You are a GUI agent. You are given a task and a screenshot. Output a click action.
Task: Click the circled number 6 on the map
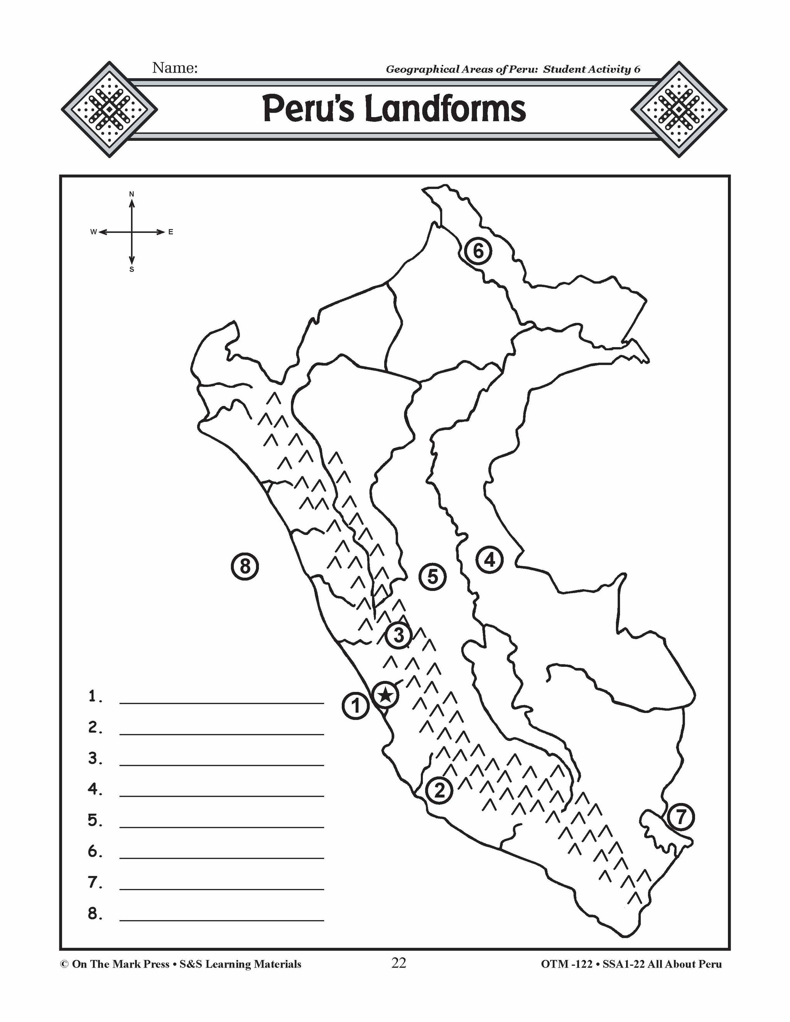478,251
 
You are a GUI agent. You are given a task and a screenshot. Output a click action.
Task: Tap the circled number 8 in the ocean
245,567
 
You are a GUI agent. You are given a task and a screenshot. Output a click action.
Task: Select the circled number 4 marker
490,560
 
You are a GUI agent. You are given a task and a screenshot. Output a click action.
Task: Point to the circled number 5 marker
432,577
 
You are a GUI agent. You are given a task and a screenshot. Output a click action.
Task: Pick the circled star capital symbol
385,695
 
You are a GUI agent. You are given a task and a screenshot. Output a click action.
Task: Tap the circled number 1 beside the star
356,706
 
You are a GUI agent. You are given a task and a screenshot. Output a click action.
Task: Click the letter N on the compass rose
132,194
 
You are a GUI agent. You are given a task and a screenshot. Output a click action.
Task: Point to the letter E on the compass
171,232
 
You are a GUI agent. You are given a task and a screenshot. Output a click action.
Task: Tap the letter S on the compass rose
132,270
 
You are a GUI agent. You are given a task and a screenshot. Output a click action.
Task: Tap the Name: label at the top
175,68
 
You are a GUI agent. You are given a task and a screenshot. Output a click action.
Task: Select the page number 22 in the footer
399,963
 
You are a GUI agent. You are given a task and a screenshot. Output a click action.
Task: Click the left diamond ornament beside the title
109,109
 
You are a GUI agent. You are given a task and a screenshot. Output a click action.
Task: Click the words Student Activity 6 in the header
592,70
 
